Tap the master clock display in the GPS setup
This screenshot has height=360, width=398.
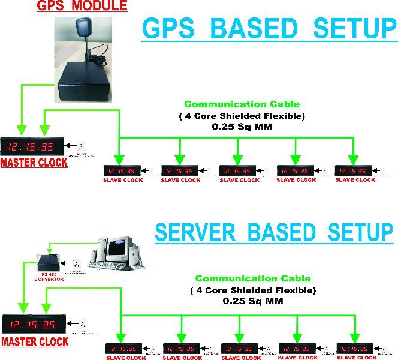(31, 146)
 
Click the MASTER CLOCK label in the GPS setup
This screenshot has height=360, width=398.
(34, 162)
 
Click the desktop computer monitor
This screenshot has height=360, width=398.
(115, 248)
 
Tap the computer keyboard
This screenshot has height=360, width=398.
(108, 265)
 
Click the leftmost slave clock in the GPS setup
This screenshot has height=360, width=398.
(122, 171)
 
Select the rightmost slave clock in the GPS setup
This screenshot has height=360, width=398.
(353, 171)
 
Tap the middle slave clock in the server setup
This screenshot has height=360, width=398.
(240, 349)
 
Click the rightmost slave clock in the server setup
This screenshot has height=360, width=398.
(355, 349)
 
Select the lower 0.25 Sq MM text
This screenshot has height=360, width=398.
(252, 301)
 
